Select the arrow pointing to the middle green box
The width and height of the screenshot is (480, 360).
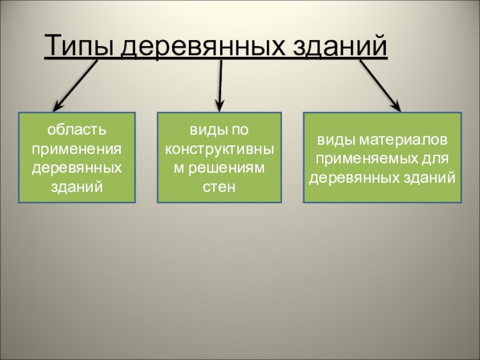[220, 83]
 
